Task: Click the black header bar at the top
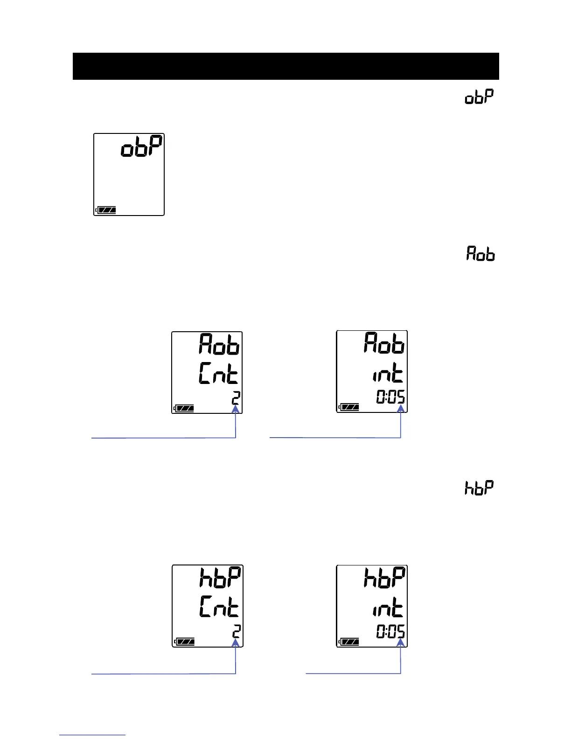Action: pyautogui.click(x=285, y=66)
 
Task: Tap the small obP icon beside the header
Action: pyautogui.click(x=479, y=97)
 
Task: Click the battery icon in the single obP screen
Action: pyautogui.click(x=106, y=210)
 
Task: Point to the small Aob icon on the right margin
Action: pyautogui.click(x=480, y=253)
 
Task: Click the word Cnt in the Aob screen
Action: pyautogui.click(x=218, y=374)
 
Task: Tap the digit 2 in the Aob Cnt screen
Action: pyautogui.click(x=236, y=398)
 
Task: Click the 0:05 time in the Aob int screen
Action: pyautogui.click(x=390, y=397)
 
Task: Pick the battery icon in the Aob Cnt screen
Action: pyautogui.click(x=184, y=409)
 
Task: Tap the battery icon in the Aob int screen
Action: pyautogui.click(x=349, y=407)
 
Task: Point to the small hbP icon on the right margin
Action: pyautogui.click(x=479, y=488)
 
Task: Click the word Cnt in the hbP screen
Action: pyautogui.click(x=219, y=607)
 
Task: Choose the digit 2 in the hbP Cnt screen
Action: pyautogui.click(x=237, y=632)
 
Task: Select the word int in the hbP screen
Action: pyautogui.click(x=387, y=608)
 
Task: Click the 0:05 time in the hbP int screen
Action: pyautogui.click(x=390, y=632)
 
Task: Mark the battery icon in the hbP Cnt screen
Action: pyautogui.click(x=184, y=642)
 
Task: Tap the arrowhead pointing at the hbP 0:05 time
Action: pyautogui.click(x=400, y=643)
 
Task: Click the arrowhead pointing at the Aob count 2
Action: pyautogui.click(x=236, y=409)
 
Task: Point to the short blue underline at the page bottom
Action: pyautogui.click(x=92, y=735)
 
